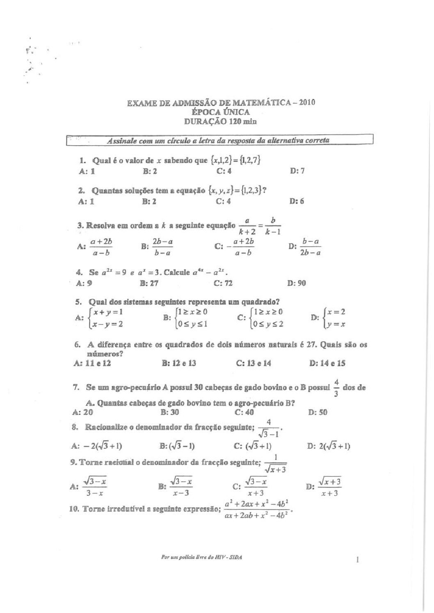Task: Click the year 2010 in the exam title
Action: (307, 102)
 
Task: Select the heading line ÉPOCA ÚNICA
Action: (220, 112)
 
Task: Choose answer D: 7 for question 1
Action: (297, 171)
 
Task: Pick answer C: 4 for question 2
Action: (224, 201)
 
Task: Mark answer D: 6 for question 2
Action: (297, 201)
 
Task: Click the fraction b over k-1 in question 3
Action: (273, 226)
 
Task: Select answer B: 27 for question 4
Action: (149, 283)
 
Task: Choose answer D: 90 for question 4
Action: (297, 283)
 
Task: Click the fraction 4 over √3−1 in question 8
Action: (269, 427)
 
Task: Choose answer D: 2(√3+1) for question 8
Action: (328, 446)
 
